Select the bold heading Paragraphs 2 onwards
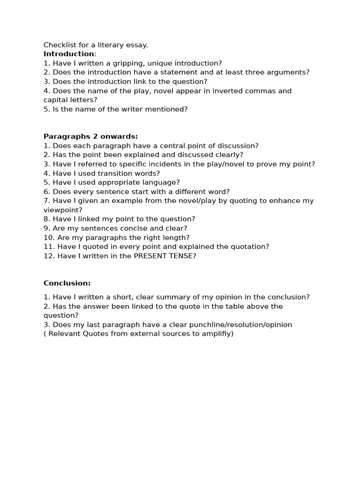click(90, 136)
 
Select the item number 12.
click(48, 256)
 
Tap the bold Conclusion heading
click(67, 283)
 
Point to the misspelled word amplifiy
click(216, 334)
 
